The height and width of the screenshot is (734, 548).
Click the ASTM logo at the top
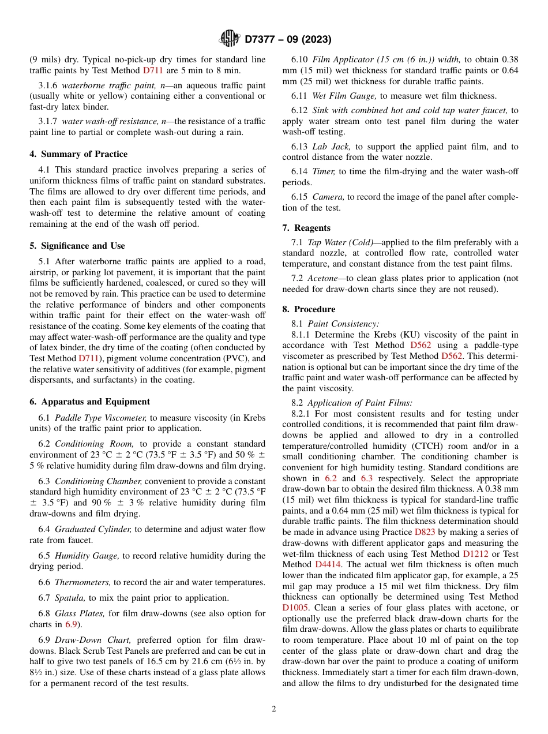[x=230, y=39]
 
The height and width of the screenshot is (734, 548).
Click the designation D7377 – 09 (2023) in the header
[x=287, y=39]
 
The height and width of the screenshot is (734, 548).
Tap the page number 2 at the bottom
[x=274, y=709]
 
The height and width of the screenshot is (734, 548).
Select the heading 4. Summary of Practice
[x=78, y=154]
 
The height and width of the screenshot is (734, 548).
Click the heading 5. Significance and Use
[x=77, y=246]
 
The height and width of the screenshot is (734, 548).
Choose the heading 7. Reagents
[x=306, y=228]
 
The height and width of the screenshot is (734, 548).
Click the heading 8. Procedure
[x=309, y=309]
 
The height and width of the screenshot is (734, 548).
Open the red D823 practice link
[x=425, y=532]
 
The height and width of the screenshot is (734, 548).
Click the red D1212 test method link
[x=475, y=553]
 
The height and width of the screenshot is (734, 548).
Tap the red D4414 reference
[x=328, y=564]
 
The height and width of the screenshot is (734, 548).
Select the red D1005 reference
[x=295, y=607]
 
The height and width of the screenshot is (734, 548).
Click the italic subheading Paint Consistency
[x=343, y=324]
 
